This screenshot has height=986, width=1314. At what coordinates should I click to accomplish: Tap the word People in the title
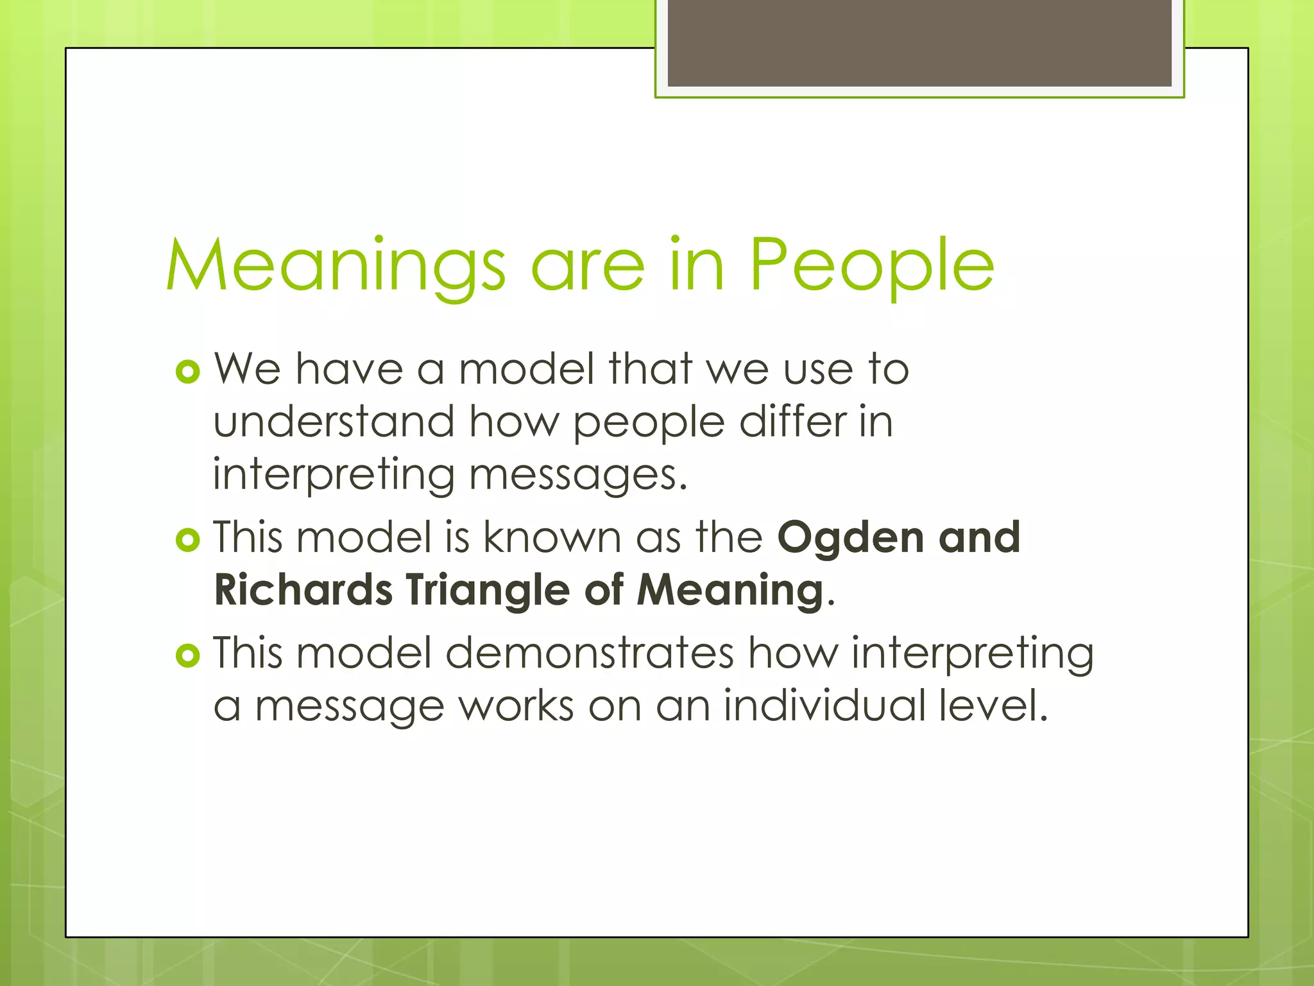(x=871, y=265)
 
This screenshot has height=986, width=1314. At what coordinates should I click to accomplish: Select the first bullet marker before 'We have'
(x=188, y=372)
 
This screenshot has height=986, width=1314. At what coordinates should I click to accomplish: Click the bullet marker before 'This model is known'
(x=188, y=540)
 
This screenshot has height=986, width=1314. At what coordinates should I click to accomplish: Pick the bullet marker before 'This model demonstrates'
(x=188, y=655)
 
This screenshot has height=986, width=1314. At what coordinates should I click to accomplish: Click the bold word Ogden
(x=849, y=539)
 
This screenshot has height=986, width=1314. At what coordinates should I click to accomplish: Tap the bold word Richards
(x=303, y=589)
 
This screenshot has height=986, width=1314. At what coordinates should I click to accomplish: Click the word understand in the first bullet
(x=334, y=422)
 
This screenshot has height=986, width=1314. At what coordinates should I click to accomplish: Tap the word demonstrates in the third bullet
(x=589, y=653)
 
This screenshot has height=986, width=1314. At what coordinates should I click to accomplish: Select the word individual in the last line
(x=824, y=705)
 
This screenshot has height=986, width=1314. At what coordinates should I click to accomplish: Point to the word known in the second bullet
(x=551, y=537)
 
